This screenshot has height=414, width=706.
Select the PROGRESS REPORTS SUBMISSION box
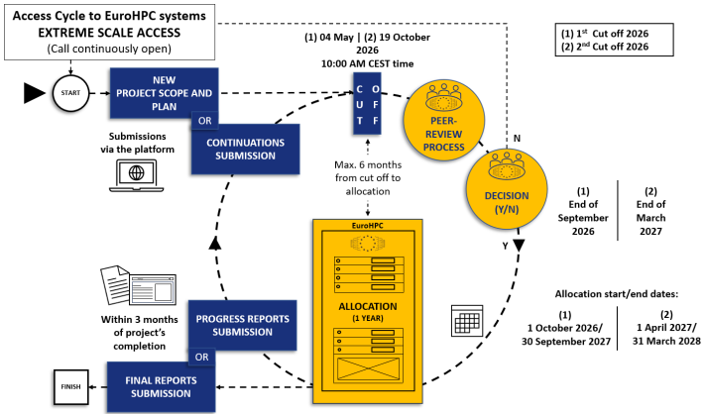coord(242,325)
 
